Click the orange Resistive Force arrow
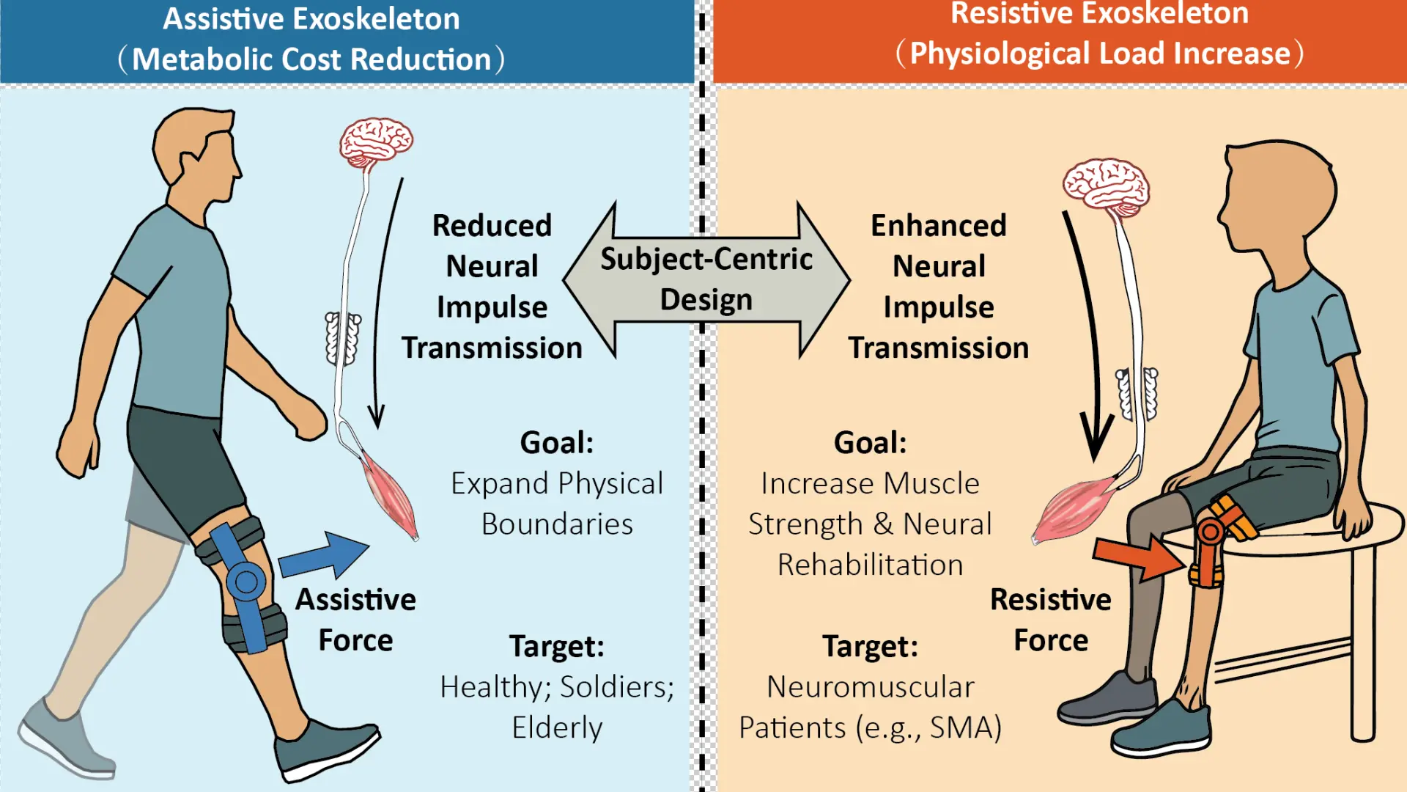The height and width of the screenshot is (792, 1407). point(1138,557)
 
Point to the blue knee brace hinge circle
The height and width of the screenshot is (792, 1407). point(246,582)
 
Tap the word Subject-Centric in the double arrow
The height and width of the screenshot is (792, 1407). point(706,259)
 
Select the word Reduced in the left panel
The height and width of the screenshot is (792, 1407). point(492,226)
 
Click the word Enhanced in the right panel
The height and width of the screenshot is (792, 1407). point(939,226)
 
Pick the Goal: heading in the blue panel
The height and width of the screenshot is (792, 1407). point(557,443)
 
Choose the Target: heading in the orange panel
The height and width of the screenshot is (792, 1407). point(870,646)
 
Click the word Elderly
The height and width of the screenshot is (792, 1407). point(557,728)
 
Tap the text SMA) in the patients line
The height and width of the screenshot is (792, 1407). point(965,728)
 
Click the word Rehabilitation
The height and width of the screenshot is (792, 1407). point(870,565)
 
